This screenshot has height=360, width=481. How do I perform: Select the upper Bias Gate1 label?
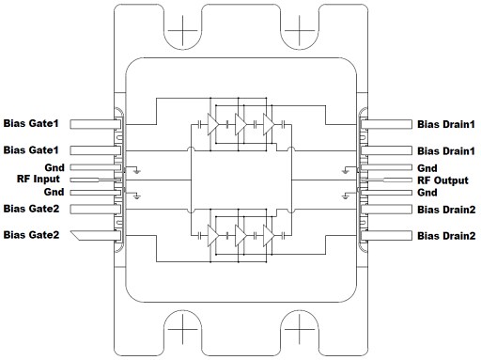point(30,124)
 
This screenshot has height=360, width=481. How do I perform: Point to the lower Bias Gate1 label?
point(30,150)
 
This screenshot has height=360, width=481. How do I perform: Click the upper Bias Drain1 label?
point(445,124)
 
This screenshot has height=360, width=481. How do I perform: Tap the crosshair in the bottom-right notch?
point(298,330)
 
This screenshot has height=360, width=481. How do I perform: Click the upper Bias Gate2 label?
point(30,208)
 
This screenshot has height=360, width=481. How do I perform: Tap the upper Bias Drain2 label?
point(445,208)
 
